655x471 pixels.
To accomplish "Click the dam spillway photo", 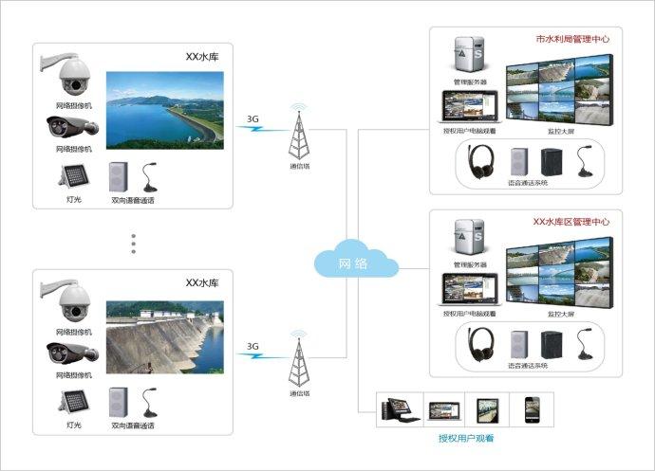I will (163, 337).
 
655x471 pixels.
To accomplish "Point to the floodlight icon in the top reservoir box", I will (73, 176).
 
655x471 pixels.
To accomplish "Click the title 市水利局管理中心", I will (572, 41).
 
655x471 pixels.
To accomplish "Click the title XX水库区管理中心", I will (571, 222).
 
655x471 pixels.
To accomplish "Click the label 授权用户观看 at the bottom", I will (465, 439).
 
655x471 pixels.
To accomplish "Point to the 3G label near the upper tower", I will (253, 119).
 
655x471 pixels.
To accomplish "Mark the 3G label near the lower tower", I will (253, 346).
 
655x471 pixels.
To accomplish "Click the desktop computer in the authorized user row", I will (396, 408).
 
